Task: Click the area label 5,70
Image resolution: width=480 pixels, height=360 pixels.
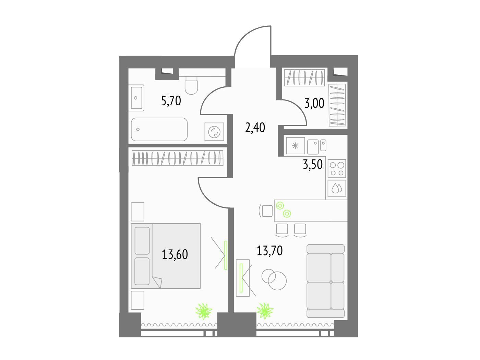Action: (x=171, y=101)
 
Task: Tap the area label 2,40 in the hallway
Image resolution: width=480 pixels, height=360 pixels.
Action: (x=255, y=128)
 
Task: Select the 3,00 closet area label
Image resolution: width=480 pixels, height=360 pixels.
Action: (x=314, y=104)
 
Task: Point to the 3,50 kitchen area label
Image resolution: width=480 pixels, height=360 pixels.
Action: (x=313, y=164)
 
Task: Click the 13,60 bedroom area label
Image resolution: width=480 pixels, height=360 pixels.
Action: (x=175, y=254)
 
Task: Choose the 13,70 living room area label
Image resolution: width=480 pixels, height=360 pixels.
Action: (x=269, y=251)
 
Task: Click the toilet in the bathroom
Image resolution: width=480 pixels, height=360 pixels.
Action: (x=191, y=85)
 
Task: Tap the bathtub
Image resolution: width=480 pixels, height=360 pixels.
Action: (x=159, y=129)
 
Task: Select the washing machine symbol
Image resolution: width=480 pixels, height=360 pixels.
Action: (x=214, y=132)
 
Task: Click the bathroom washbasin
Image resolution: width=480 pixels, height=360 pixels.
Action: (x=137, y=98)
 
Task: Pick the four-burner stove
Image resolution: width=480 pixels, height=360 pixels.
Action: (x=337, y=168)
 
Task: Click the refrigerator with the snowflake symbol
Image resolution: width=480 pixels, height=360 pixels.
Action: (x=296, y=146)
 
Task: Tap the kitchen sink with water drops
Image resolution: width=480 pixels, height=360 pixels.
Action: (x=337, y=188)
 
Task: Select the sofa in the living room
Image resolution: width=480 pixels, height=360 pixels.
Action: (x=325, y=281)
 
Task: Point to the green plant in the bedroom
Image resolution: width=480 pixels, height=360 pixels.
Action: (x=204, y=311)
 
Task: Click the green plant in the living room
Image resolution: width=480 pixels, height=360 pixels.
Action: (x=265, y=311)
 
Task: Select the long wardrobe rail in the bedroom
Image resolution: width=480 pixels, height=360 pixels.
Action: (x=178, y=158)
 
